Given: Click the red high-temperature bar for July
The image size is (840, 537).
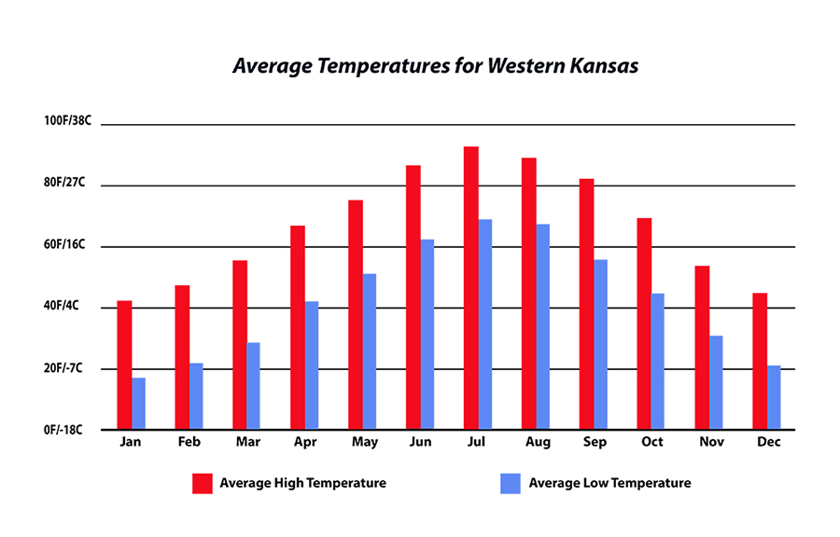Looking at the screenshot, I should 471,288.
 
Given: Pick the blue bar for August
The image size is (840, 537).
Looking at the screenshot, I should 543,326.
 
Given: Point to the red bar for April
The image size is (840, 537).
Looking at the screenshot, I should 297,327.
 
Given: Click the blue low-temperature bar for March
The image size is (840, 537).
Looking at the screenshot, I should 253,386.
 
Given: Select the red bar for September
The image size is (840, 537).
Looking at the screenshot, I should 586,304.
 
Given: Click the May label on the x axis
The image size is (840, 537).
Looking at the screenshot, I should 363,442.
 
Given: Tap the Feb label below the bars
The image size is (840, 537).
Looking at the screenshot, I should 189,442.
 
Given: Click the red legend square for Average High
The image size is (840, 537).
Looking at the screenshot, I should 203,483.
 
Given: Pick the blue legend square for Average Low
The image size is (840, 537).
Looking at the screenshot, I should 511,483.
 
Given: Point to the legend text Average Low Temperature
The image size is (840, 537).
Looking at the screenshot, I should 609,483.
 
